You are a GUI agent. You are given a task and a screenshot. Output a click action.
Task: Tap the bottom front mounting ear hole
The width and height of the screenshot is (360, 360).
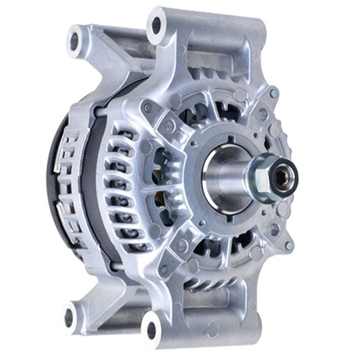tap(151, 330)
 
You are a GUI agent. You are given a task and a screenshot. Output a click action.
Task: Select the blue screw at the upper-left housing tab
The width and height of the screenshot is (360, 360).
tap(147, 108)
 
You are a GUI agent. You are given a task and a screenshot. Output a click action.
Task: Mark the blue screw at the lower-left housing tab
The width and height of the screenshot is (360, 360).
tap(164, 269)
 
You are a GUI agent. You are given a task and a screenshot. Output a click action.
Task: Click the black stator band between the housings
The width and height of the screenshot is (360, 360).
tap(91, 191)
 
